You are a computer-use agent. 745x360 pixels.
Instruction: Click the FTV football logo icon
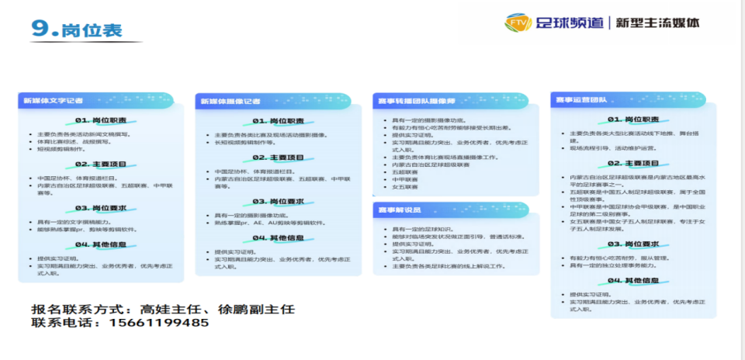click(x=517, y=22)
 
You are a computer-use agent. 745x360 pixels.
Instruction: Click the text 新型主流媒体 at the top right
click(x=657, y=22)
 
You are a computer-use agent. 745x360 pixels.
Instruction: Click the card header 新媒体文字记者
click(x=53, y=101)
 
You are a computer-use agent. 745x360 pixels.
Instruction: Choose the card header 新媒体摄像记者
click(x=230, y=102)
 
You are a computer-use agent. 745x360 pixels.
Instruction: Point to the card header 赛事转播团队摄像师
click(x=418, y=101)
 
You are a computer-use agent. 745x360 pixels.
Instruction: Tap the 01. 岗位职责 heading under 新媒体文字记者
click(x=101, y=120)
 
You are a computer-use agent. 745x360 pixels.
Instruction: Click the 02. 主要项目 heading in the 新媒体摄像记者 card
click(x=279, y=157)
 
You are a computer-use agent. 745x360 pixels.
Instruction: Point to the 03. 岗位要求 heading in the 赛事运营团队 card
click(x=633, y=244)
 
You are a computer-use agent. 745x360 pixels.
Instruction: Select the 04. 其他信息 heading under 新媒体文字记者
click(x=101, y=244)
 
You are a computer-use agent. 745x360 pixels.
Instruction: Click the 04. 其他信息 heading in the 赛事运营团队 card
click(x=633, y=280)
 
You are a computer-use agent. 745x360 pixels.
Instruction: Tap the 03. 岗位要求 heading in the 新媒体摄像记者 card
click(x=279, y=201)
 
